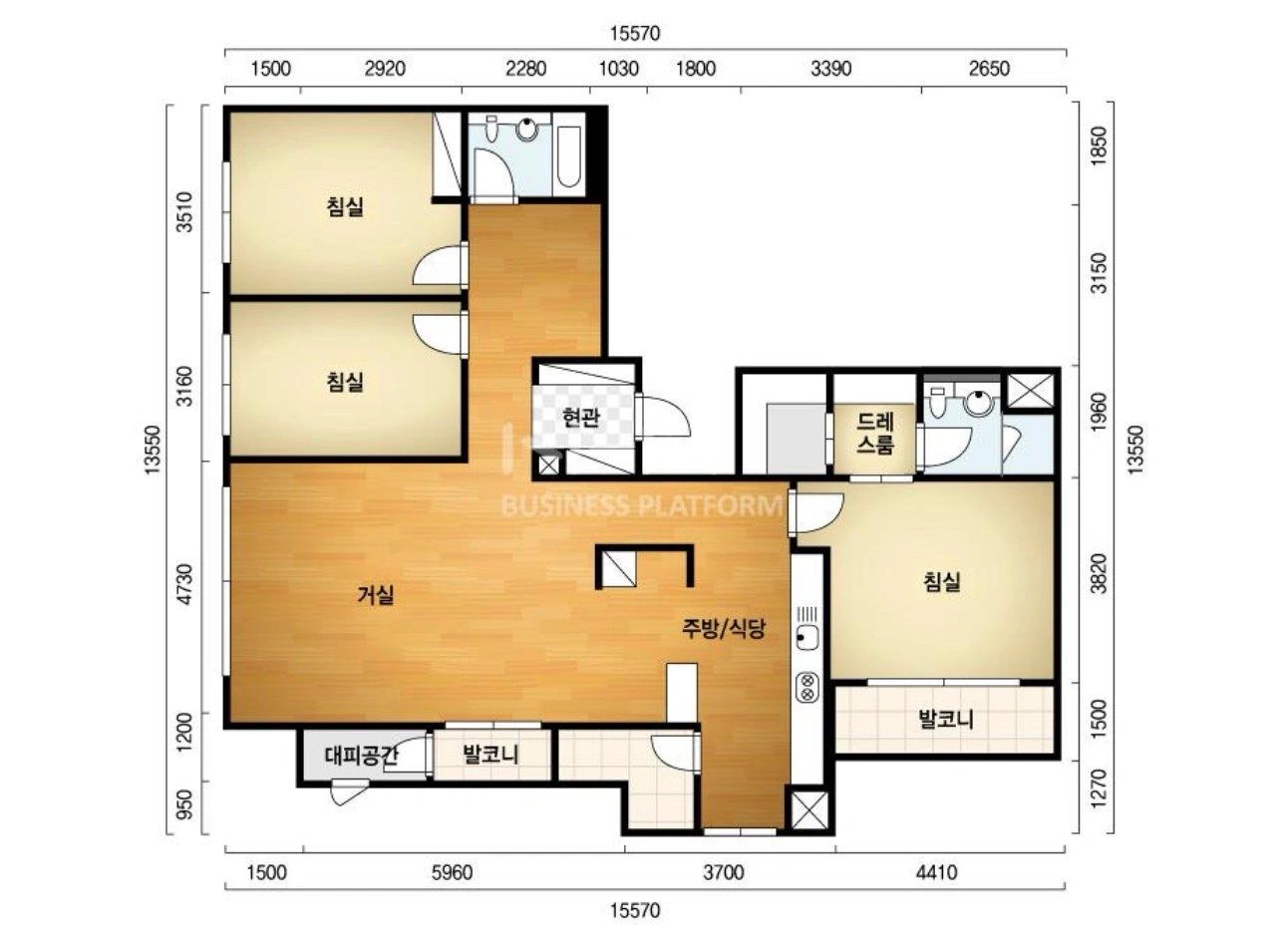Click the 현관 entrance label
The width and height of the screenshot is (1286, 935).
pyautogui.click(x=581, y=418)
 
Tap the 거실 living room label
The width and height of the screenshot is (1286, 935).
pyautogui.click(x=376, y=594)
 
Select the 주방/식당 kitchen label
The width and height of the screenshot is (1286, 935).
pyautogui.click(x=724, y=629)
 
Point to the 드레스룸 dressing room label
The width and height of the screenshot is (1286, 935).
pyautogui.click(x=875, y=434)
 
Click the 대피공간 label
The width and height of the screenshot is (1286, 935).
pyautogui.click(x=361, y=757)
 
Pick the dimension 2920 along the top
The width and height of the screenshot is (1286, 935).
pyautogui.click(x=385, y=69)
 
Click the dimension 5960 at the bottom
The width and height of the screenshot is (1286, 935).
pyautogui.click(x=453, y=873)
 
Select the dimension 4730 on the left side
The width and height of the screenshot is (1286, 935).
pyautogui.click(x=184, y=584)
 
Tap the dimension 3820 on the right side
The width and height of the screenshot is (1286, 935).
pyautogui.click(x=1099, y=574)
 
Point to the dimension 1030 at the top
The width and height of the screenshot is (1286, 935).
pyautogui.click(x=619, y=69)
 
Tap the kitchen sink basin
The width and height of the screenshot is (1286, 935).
pyautogui.click(x=807, y=638)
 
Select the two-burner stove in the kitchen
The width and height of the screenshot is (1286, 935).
pyautogui.click(x=807, y=687)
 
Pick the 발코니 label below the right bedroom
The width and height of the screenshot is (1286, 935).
pyautogui.click(x=946, y=719)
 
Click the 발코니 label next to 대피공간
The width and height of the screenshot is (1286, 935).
pyautogui.click(x=490, y=755)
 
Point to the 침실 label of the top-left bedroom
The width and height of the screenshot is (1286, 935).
pyautogui.click(x=345, y=206)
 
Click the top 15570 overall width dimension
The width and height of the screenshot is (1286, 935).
pyautogui.click(x=635, y=33)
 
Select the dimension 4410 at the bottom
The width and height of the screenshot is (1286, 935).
pyautogui.click(x=937, y=873)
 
